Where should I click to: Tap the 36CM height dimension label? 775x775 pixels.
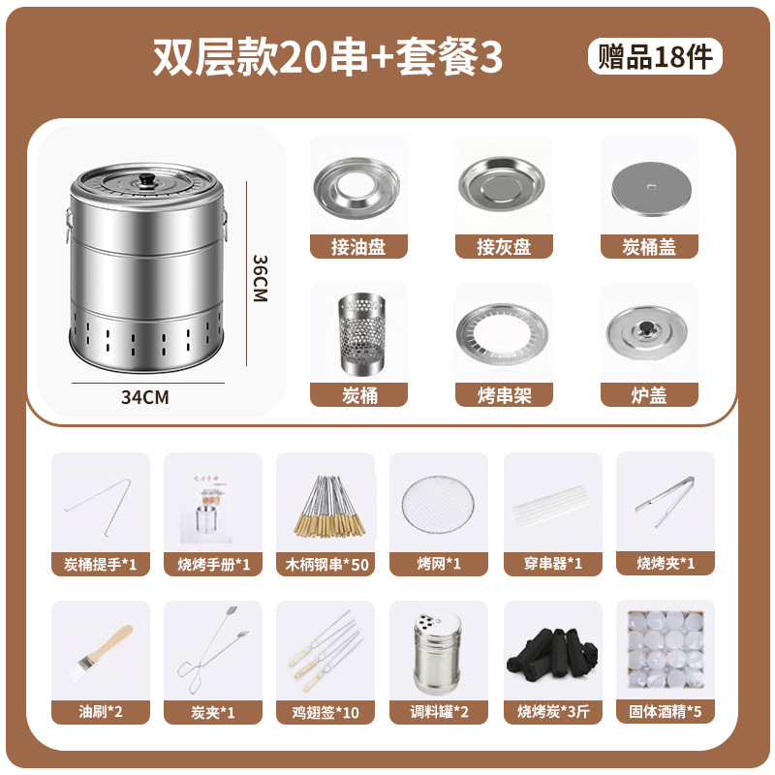click(259, 279)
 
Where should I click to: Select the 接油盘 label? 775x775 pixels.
click(358, 247)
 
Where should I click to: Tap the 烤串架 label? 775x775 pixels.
click(504, 395)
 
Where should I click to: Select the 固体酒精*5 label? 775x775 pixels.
click(665, 712)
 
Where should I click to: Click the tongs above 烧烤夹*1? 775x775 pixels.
click(665, 494)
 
